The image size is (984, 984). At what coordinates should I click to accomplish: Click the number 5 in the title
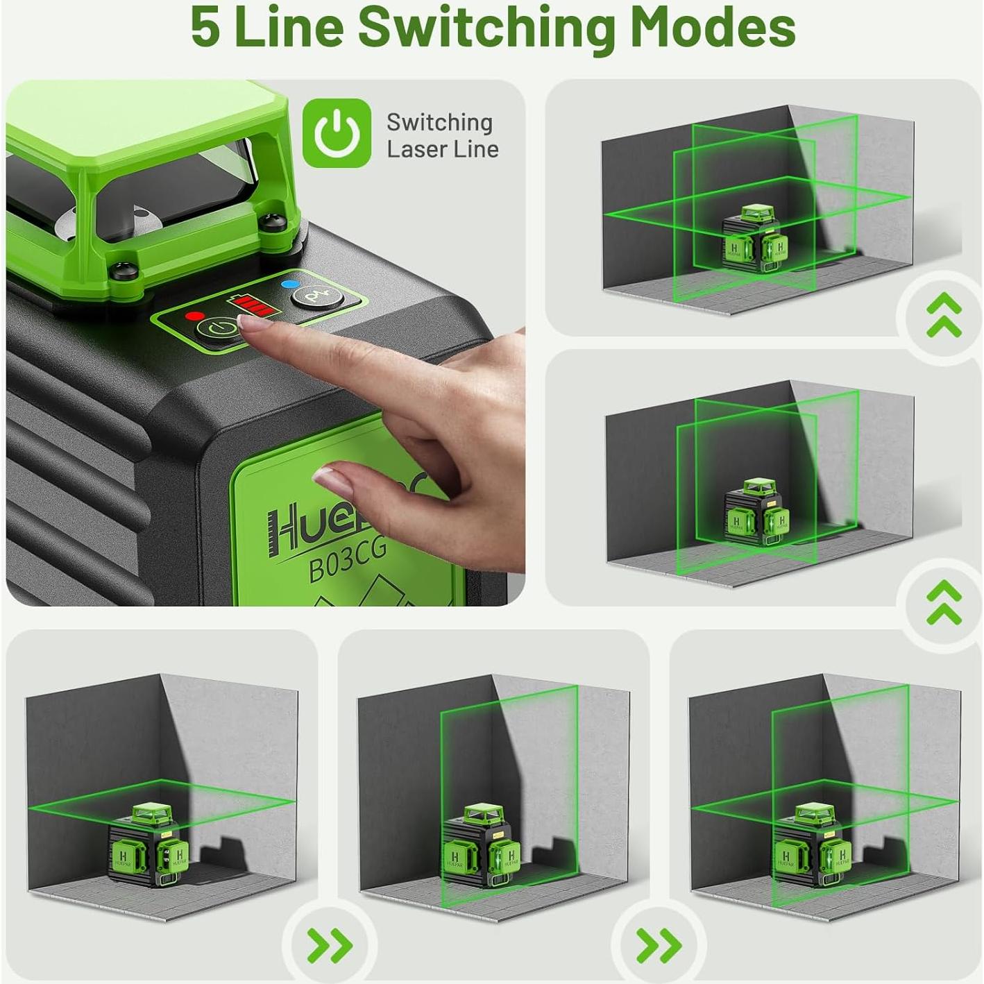click(206, 28)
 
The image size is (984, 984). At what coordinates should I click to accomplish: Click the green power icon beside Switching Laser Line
click(337, 133)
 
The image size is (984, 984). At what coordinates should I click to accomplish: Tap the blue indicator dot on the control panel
click(285, 285)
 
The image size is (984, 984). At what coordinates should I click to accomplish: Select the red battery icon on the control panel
click(251, 305)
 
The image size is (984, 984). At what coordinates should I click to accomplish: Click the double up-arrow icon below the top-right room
click(944, 315)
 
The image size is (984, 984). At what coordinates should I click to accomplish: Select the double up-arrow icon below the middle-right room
click(944, 602)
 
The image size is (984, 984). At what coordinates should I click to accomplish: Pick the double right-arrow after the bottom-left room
click(330, 945)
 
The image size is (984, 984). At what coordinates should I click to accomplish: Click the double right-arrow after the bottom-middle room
click(659, 945)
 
